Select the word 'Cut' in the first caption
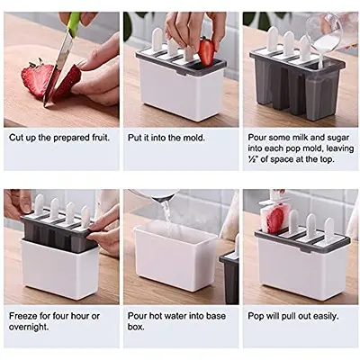[x=17, y=139]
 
